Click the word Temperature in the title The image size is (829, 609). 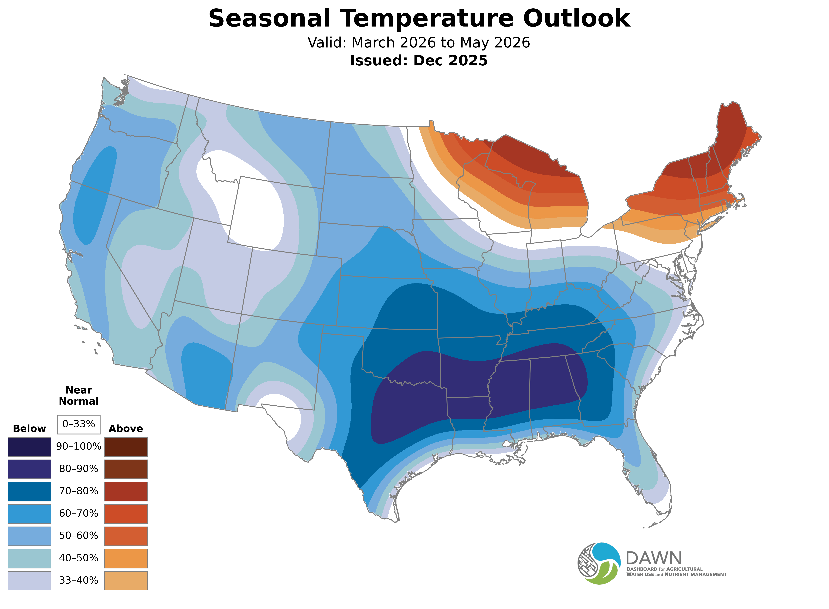(426, 18)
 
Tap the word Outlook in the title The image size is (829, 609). (576, 18)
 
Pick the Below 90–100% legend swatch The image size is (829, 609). (30, 447)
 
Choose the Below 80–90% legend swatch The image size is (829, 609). (30, 469)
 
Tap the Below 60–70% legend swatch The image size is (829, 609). (30, 514)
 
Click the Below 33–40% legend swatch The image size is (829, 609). (30, 581)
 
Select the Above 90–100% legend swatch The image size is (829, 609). (126, 447)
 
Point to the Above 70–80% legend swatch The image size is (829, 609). (126, 491)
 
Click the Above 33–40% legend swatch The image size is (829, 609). (126, 581)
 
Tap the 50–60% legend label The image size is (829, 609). (78, 536)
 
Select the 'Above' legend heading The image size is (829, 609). (126, 429)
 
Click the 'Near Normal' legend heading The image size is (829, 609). (78, 396)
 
